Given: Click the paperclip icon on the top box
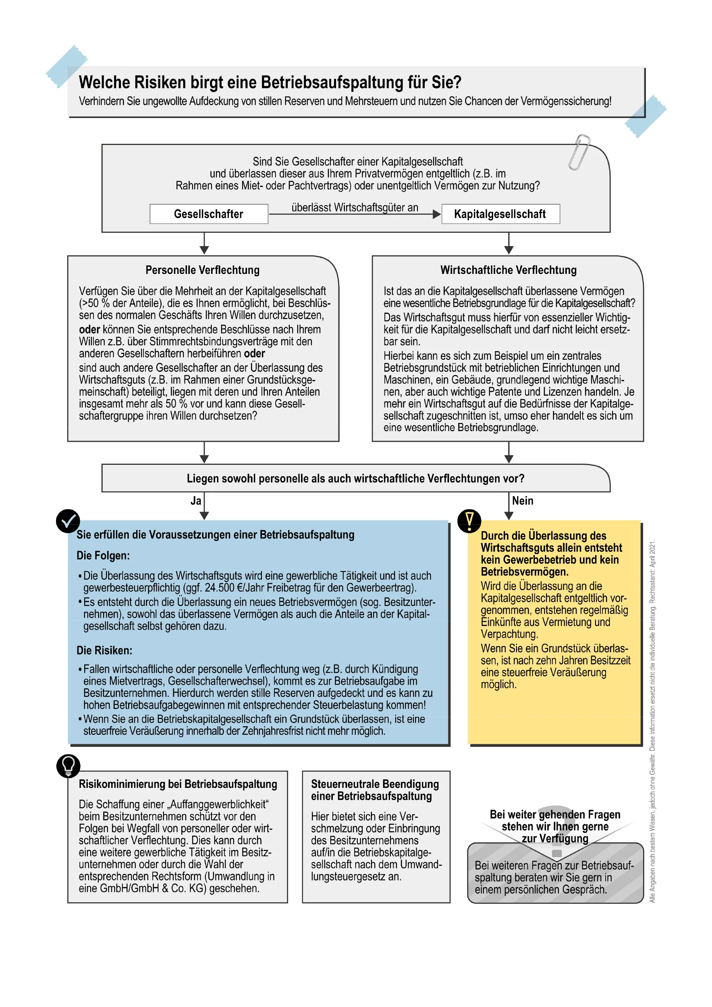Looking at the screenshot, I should (579, 152).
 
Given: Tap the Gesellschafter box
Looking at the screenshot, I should (209, 214).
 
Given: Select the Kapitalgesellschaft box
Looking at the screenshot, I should (500, 214).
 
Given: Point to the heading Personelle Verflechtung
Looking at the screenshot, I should (202, 270).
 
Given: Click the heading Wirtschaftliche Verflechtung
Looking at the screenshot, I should (508, 270).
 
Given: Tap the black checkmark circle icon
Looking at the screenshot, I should (68, 521).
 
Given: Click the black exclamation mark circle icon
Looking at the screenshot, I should (469, 521).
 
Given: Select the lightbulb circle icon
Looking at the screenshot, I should (69, 766).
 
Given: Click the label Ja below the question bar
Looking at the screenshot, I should (196, 501).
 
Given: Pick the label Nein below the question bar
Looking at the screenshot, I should (523, 501).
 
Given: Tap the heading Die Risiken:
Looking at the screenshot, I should (104, 651).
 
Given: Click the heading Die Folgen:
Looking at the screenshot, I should (103, 556).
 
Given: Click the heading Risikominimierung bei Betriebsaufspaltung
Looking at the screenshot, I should (178, 784).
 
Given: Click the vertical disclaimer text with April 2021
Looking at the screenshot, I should (652, 719).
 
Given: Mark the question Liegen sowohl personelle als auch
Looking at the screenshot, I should (355, 479).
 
